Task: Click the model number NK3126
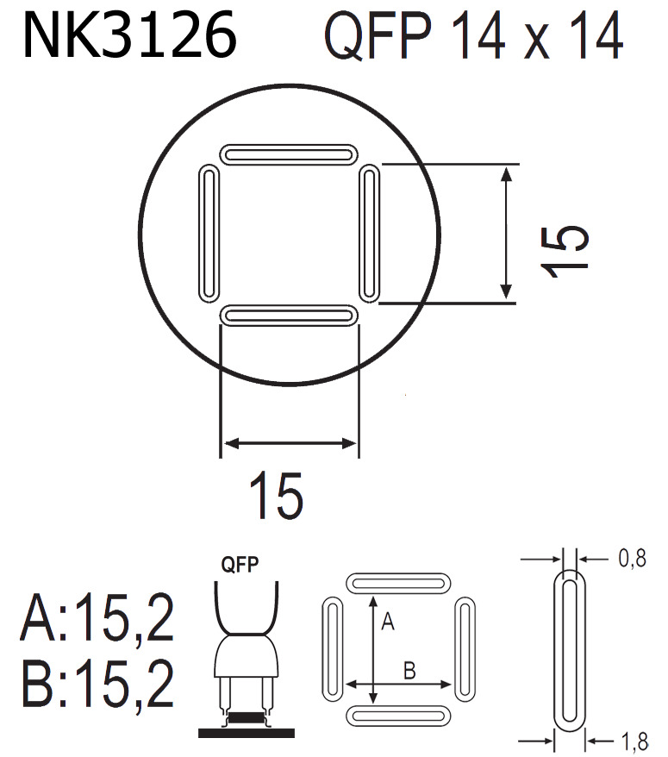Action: click(129, 37)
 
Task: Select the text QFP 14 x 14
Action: click(472, 37)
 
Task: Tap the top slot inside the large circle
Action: click(289, 153)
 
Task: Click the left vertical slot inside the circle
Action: click(209, 235)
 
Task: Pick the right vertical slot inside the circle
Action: click(369, 235)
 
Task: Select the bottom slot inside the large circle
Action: click(289, 316)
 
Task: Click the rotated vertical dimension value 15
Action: click(565, 250)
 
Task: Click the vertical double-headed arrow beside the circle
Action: click(507, 233)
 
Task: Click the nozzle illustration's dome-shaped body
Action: click(247, 657)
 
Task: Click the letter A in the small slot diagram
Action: click(388, 622)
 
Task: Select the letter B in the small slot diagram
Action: click(410, 669)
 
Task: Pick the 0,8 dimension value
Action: click(632, 560)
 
